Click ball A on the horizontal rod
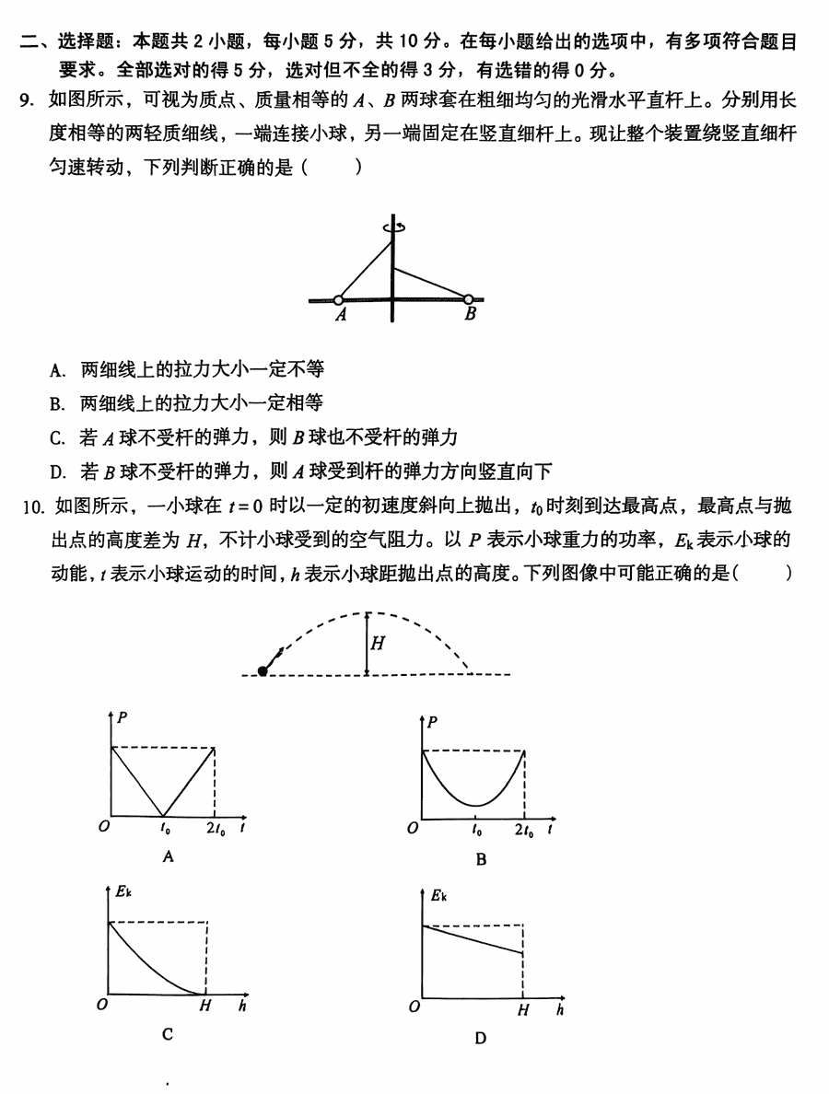point(338,300)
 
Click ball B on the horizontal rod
point(468,299)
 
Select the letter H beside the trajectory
point(378,644)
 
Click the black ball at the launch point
point(263,671)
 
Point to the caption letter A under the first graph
point(168,856)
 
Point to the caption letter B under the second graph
point(481,860)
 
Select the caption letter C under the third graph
point(168,1034)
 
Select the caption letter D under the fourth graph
point(480,1038)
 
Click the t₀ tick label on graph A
point(165,829)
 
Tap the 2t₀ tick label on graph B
point(523,831)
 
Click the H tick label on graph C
point(205,1007)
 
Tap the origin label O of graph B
point(414,829)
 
